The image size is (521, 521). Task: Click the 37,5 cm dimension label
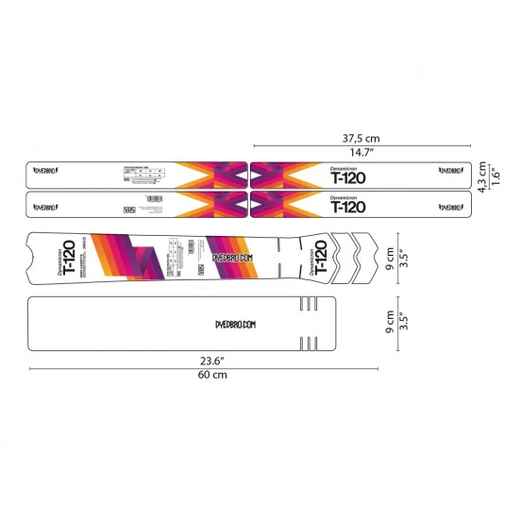[361, 136]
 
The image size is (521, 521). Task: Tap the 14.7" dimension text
[361, 152]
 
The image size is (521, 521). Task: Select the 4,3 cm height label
[480, 176]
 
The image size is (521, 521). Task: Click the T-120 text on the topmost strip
[348, 176]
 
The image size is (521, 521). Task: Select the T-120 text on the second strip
[348, 207]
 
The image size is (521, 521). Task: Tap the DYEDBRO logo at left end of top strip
[46, 172]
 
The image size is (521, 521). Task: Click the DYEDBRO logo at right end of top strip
[448, 171]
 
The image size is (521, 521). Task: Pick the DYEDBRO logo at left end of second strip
[46, 202]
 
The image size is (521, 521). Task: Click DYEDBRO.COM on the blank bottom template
[230, 324]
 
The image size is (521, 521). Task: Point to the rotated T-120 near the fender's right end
[319, 254]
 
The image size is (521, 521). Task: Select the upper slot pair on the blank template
[307, 304]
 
